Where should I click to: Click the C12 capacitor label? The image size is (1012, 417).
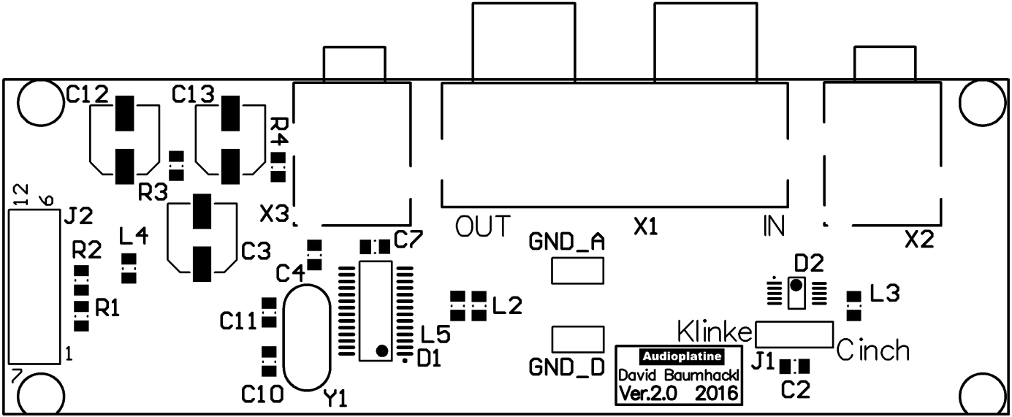[87, 94]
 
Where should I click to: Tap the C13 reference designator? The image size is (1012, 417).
[194, 94]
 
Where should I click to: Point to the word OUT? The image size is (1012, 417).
[482, 226]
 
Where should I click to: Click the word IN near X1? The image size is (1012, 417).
[774, 226]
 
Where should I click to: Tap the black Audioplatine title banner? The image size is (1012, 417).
[682, 356]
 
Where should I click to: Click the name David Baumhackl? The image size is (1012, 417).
[679, 375]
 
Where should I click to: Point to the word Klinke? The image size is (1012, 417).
[715, 332]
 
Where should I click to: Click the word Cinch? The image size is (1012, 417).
[873, 350]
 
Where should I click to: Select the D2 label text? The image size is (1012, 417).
[809, 263]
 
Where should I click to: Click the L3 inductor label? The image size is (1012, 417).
[885, 293]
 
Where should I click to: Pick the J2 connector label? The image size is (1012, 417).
[79, 215]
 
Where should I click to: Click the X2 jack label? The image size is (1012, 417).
[919, 240]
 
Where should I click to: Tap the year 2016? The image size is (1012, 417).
[717, 394]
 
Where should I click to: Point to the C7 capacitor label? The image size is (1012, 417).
[408, 240]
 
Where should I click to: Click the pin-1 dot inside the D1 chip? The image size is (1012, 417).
[382, 350]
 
